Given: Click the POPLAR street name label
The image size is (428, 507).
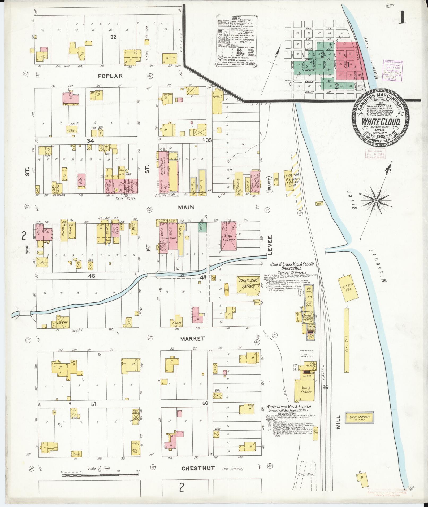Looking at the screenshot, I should click(110, 76).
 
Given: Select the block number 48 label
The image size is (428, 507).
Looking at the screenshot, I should click(92, 276).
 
